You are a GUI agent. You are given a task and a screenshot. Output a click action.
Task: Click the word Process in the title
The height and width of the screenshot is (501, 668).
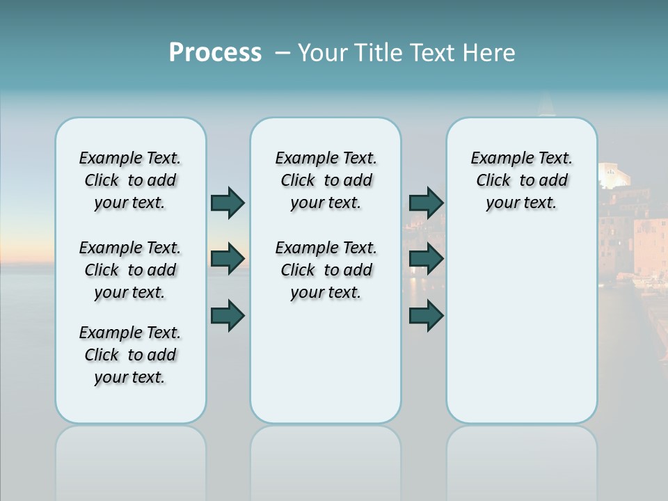[x=215, y=53]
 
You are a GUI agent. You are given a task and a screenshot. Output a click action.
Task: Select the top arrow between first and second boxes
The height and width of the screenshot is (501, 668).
[x=228, y=202]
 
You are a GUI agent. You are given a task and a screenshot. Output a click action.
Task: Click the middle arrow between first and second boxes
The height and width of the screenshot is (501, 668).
[x=228, y=259]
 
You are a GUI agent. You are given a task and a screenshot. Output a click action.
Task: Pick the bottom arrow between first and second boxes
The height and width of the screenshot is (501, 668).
[x=228, y=315]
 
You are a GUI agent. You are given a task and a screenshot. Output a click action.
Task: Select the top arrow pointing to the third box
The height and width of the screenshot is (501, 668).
[x=426, y=202]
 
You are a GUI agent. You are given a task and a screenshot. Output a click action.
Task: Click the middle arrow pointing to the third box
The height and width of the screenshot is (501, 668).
[x=426, y=259]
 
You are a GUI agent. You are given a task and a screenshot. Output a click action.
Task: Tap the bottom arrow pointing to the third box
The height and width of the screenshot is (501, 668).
[x=426, y=315]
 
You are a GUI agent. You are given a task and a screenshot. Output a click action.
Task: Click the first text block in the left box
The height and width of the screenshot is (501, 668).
[x=130, y=180]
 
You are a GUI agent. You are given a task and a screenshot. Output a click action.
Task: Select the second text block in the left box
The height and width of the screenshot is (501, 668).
[x=130, y=270]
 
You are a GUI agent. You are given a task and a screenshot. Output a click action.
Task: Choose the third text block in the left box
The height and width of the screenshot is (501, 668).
[x=130, y=355]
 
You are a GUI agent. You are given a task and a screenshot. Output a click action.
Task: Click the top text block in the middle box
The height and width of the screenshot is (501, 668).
[x=326, y=180]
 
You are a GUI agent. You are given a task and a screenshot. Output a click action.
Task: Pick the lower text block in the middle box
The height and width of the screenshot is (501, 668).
[x=326, y=270]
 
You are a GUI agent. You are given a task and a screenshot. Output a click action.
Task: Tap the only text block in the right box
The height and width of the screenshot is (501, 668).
[x=521, y=180]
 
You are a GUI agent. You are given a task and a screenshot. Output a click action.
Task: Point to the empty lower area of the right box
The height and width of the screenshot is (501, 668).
[x=521, y=327]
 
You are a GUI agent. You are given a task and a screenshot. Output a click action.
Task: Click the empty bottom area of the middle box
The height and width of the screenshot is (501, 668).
[x=326, y=369]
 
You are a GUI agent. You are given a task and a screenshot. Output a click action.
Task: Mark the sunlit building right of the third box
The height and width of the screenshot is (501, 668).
[x=630, y=230]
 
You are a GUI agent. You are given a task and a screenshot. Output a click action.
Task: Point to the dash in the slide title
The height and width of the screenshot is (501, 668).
[x=283, y=53]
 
